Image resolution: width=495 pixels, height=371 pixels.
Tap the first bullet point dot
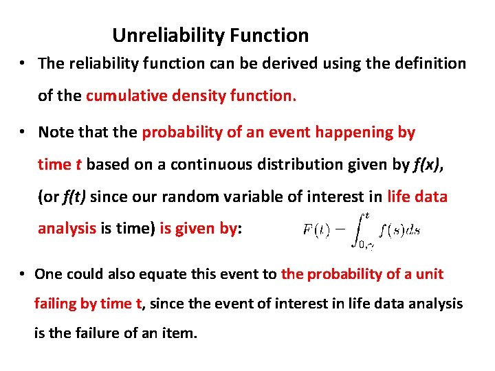(23, 64)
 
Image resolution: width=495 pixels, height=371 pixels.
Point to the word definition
(429, 64)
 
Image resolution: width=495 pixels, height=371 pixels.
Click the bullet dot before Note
(23, 132)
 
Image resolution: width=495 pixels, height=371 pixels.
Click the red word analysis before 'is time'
(67, 229)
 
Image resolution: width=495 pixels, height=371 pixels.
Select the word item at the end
(181, 334)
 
